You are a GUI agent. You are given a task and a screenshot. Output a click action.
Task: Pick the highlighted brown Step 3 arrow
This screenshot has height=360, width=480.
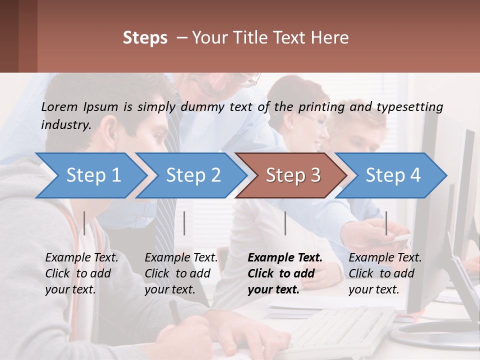[x=291, y=175]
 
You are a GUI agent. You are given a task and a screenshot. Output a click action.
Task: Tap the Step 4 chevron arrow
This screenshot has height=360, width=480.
[x=391, y=175]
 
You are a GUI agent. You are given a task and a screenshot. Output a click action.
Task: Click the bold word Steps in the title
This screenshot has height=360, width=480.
[x=145, y=38]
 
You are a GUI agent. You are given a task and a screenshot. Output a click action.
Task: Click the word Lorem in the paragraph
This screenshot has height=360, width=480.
[x=59, y=106]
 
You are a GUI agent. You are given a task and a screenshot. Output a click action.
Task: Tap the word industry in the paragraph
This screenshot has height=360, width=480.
[x=65, y=124]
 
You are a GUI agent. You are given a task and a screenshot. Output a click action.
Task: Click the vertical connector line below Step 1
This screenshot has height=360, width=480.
[x=84, y=223]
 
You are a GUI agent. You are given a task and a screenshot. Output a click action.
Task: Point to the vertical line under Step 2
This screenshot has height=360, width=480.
[x=184, y=223]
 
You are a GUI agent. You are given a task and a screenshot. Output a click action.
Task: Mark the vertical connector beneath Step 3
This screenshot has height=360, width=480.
[x=285, y=223]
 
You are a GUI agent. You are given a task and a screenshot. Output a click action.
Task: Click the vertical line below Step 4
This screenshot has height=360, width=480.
[x=386, y=223]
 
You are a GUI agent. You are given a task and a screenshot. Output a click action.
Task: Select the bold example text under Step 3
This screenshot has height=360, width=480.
[x=284, y=273]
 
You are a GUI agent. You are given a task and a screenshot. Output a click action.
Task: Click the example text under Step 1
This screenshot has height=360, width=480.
[x=81, y=273]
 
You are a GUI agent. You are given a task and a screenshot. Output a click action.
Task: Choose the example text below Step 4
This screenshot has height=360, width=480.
[x=384, y=273]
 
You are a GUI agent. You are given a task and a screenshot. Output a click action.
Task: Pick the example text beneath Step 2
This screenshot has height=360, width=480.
[x=181, y=273]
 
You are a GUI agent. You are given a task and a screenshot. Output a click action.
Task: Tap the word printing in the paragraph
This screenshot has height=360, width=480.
[x=321, y=106]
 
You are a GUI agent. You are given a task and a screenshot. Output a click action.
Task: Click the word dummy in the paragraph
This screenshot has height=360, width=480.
[x=203, y=106]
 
